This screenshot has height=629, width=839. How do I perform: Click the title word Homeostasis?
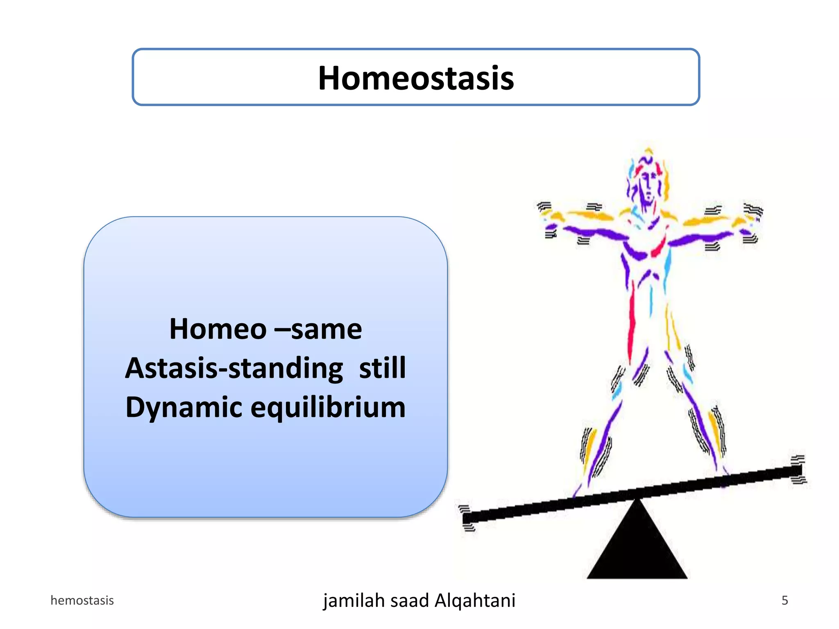pyautogui.click(x=416, y=78)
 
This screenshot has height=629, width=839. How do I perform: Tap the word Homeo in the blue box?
pyautogui.click(x=218, y=329)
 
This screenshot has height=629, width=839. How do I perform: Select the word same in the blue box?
pyautogui.click(x=327, y=329)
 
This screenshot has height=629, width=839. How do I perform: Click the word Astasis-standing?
pyautogui.click(x=234, y=368)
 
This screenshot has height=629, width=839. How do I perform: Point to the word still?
pyautogui.click(x=382, y=368)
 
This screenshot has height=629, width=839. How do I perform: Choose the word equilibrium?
pyautogui.click(x=328, y=407)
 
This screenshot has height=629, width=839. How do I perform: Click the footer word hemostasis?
pyautogui.click(x=82, y=600)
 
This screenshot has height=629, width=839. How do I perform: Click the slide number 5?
pyautogui.click(x=785, y=600)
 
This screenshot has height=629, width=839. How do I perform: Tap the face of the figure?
pyautogui.click(x=647, y=186)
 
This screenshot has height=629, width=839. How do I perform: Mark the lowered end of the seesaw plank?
pyautogui.click(x=469, y=518)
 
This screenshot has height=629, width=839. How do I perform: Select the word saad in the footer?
pyautogui.click(x=411, y=601)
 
